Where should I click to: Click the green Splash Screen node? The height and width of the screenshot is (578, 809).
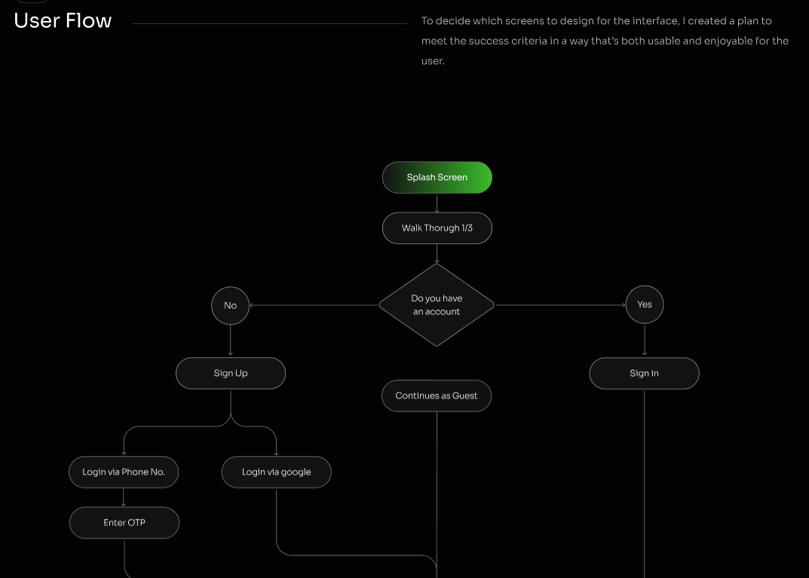click(x=437, y=177)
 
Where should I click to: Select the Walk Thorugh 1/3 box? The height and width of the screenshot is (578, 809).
click(x=437, y=228)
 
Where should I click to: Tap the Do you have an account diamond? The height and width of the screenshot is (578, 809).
click(x=437, y=304)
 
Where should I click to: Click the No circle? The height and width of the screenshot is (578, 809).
click(x=230, y=306)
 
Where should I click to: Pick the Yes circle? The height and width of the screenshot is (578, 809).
click(x=645, y=304)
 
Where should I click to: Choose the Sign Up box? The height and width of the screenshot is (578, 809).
click(x=231, y=373)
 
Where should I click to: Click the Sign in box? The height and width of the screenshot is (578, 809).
click(x=645, y=373)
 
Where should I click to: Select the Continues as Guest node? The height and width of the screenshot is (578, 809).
click(x=437, y=396)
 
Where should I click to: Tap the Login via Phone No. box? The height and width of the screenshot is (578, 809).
click(x=124, y=472)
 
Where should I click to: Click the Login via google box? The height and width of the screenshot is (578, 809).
click(x=277, y=472)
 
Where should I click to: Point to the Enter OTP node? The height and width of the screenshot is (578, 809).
click(x=124, y=523)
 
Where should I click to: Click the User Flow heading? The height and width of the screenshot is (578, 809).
click(x=63, y=20)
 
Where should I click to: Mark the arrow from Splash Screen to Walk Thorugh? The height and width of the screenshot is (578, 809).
click(x=437, y=203)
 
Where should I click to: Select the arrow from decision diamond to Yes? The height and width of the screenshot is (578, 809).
click(x=561, y=305)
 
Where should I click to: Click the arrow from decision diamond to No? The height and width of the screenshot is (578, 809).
click(x=314, y=305)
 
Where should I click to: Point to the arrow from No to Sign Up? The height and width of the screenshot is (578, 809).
click(x=230, y=341)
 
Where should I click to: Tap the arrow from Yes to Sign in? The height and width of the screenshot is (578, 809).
click(x=645, y=340)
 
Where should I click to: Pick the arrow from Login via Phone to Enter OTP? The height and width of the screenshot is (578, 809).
click(x=124, y=497)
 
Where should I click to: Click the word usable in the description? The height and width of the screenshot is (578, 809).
click(x=643, y=41)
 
